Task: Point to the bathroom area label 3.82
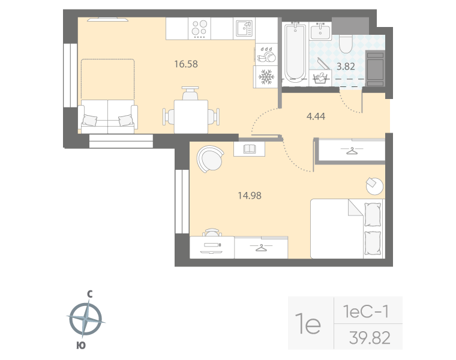coord(346,67)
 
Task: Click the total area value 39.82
coord(369,338)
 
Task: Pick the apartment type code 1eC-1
coord(366,311)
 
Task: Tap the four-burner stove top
coord(199,28)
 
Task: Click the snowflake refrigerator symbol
coord(266,77)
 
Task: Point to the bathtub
coord(293,53)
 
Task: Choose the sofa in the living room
coord(108,116)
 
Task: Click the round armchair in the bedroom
coord(210,159)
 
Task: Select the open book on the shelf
coord(249,148)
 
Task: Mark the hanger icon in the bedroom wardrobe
coord(261,247)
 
